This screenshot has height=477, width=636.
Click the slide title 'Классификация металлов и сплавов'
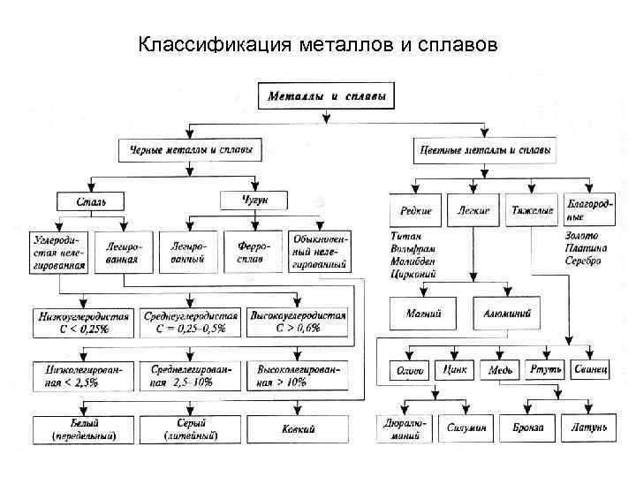(x=318, y=43)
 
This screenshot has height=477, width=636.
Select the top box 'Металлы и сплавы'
(x=327, y=95)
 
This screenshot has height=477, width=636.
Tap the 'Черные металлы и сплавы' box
(x=190, y=150)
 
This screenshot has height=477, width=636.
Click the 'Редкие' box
(x=415, y=211)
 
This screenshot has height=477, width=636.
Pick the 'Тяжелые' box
(x=532, y=211)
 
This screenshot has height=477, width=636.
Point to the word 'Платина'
(x=586, y=249)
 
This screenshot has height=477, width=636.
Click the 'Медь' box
(x=500, y=370)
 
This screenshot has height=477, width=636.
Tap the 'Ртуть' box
(x=545, y=369)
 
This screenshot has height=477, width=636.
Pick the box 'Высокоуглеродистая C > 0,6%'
(x=298, y=322)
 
